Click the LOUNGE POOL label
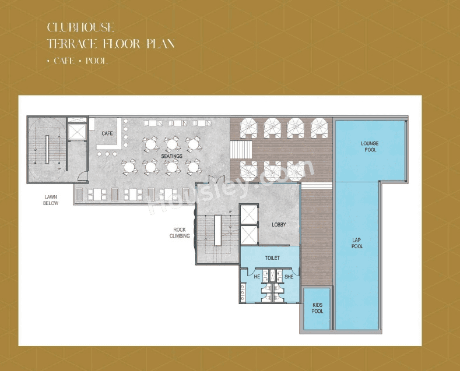(x=369, y=146)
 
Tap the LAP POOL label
(x=357, y=243)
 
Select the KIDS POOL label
(x=317, y=308)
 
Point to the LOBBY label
(x=279, y=224)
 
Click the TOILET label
(x=272, y=257)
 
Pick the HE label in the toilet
(x=257, y=277)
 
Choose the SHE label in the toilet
(x=289, y=277)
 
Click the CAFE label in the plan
(x=107, y=133)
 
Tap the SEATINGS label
(x=172, y=156)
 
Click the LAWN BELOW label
(x=51, y=200)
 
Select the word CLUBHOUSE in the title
(x=80, y=27)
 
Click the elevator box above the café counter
(x=77, y=131)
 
